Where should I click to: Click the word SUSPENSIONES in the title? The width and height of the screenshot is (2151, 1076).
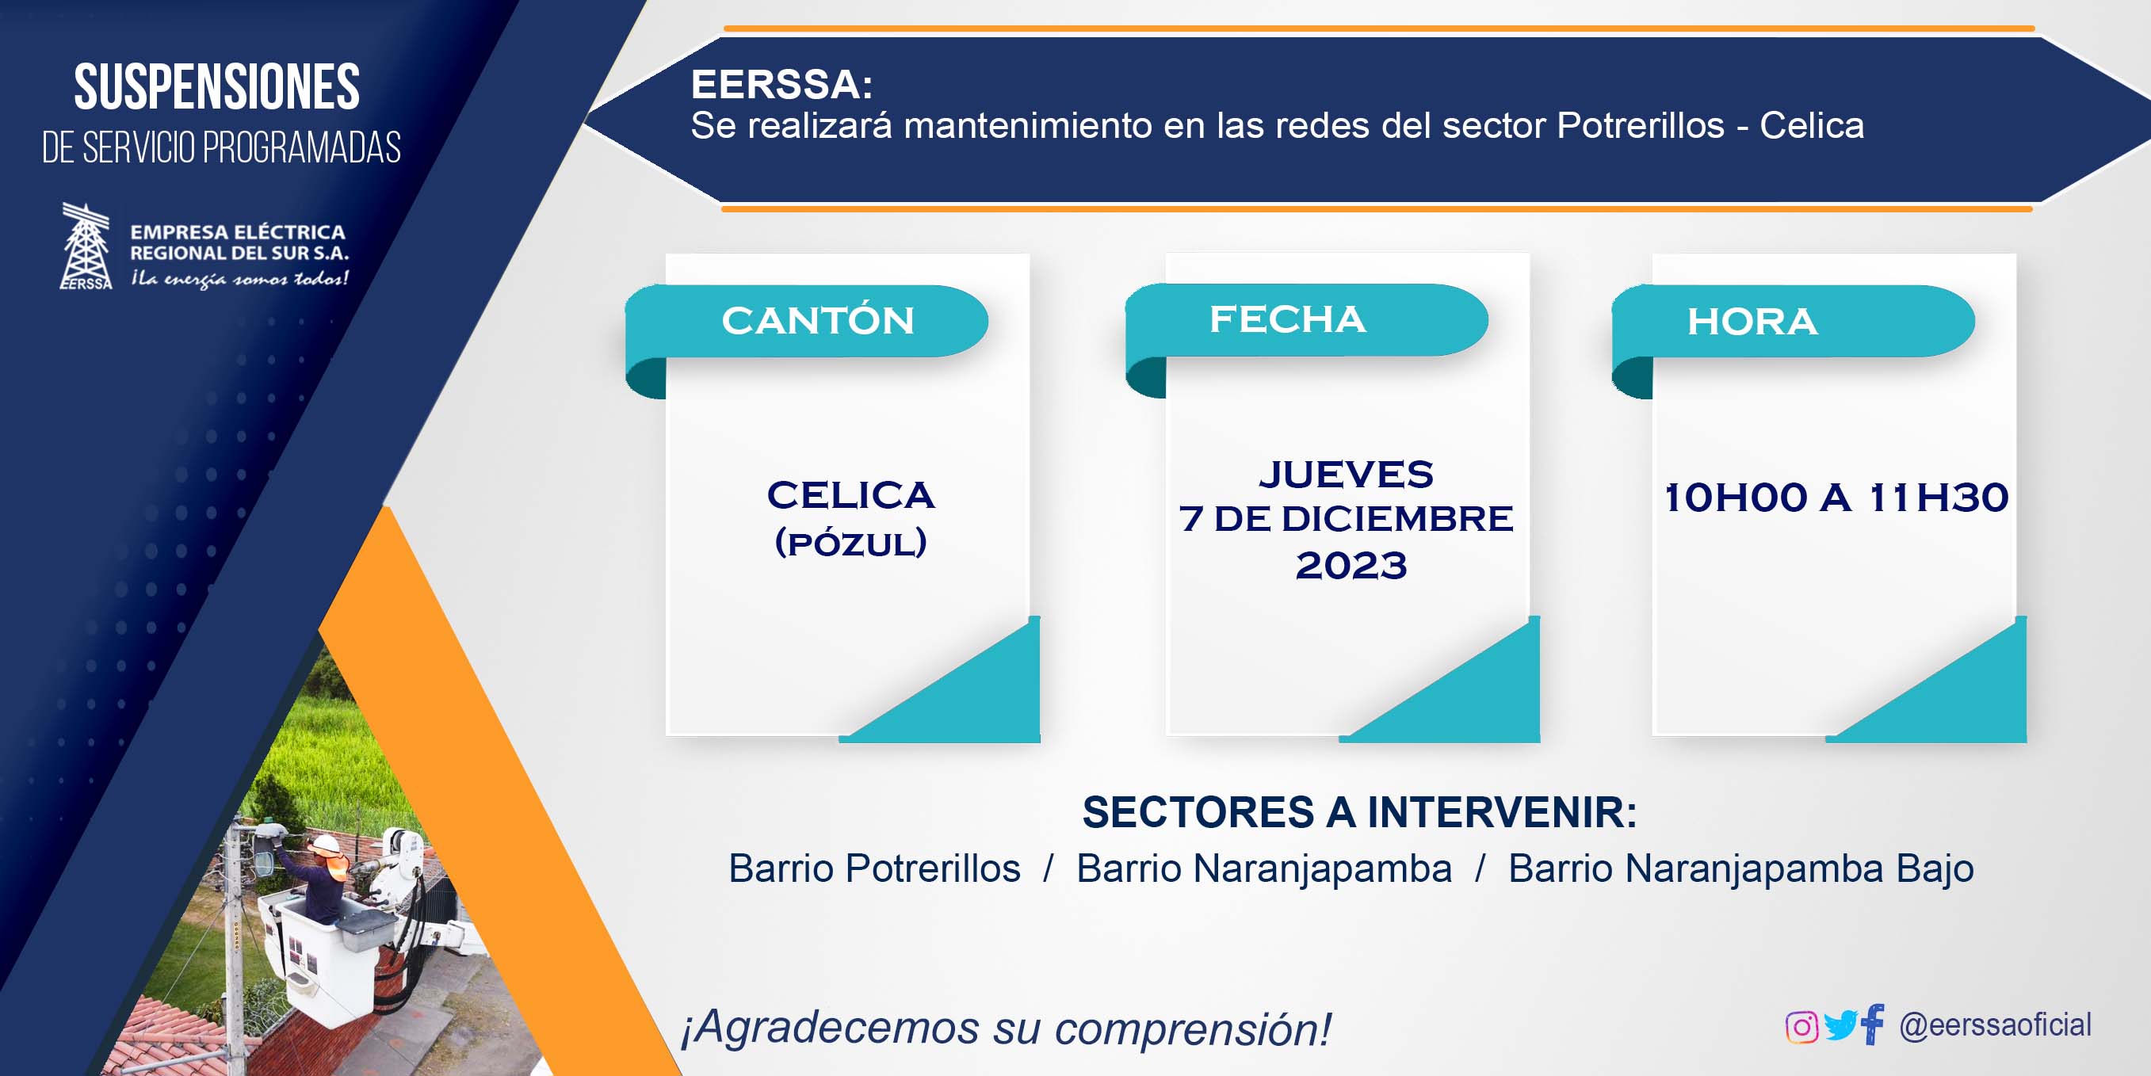[217, 87]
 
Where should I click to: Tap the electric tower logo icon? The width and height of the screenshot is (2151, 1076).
[86, 246]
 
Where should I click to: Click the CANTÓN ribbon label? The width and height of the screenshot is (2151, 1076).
[817, 322]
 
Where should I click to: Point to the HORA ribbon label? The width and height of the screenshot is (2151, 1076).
[1752, 322]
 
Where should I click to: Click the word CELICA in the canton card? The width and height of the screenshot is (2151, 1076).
[851, 495]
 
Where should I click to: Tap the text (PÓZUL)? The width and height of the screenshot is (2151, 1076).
[851, 543]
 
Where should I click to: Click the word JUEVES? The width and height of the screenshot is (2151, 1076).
[1346, 474]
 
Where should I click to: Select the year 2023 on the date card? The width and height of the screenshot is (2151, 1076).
[1351, 566]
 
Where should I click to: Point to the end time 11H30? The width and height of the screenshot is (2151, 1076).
[1939, 498]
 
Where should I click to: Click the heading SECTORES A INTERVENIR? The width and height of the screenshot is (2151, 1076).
[1359, 812]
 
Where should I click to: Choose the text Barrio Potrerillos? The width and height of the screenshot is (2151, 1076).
[874, 868]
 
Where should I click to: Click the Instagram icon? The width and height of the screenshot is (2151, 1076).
[1801, 1027]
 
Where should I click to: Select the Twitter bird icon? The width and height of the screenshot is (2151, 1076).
[1840, 1025]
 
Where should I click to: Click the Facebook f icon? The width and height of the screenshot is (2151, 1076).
[1872, 1024]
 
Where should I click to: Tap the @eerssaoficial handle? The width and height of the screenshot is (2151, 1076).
[1996, 1025]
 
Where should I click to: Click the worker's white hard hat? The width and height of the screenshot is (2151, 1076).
[327, 844]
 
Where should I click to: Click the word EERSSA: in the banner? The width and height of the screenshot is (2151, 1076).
[781, 84]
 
